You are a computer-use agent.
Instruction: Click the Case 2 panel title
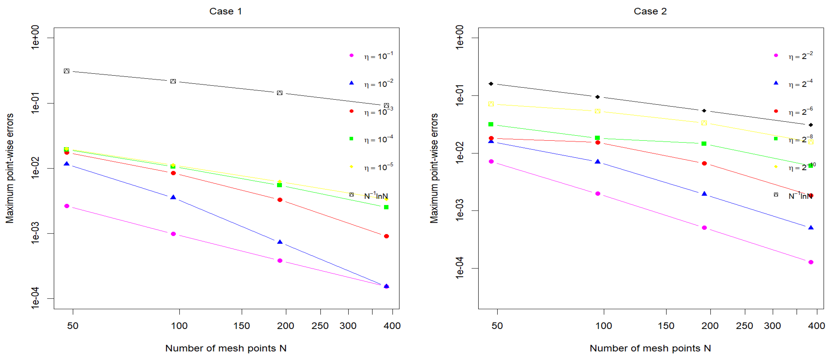[x=650, y=11]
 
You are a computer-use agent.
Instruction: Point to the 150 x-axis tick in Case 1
[x=242, y=326]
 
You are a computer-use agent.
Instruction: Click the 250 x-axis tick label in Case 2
[x=744, y=326]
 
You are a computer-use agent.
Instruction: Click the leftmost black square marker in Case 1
[x=66, y=71]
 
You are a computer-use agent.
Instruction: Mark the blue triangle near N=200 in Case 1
[x=280, y=242]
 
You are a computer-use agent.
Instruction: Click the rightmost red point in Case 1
[x=386, y=236]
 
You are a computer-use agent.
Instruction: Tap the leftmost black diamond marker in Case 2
[x=491, y=84]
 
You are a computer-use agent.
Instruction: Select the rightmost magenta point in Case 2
[x=811, y=262]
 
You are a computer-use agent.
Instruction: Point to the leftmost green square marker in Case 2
[x=491, y=124]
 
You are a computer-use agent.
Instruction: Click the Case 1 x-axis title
[x=226, y=348]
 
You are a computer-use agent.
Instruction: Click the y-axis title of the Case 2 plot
[x=434, y=168]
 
